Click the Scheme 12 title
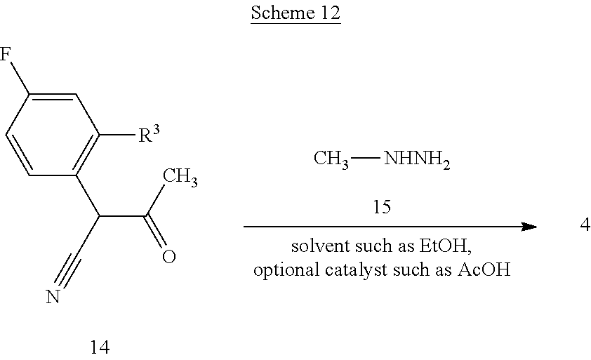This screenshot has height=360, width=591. (295, 15)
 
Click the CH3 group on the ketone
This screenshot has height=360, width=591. (180, 177)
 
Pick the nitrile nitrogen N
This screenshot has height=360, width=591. (52, 298)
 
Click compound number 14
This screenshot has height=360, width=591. (100, 346)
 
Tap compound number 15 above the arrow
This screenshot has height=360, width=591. (382, 208)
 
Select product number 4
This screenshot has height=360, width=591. (585, 226)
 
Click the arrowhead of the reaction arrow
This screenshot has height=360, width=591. (529, 227)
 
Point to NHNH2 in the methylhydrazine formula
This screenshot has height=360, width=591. (416, 161)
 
